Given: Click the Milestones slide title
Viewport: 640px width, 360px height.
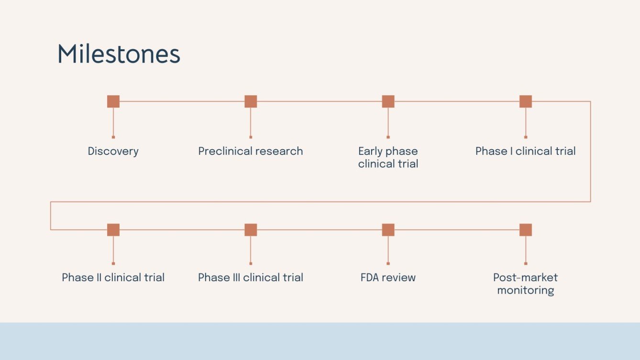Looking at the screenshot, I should [x=119, y=54].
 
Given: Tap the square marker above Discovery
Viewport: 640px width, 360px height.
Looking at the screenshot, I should [x=113, y=101].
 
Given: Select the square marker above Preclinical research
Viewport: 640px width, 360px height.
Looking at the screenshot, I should [x=251, y=101].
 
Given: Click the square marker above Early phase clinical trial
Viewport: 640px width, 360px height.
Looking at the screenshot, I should [x=388, y=101].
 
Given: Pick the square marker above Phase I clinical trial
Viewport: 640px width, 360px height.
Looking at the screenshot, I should [x=526, y=101].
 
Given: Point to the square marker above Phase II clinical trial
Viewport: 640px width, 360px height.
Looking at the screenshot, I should [x=113, y=230].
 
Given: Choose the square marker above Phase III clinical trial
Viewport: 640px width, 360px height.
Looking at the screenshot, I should [x=251, y=230].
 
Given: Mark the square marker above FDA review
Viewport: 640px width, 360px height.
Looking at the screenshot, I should [x=388, y=230].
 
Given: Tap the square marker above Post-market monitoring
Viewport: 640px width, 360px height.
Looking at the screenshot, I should [x=526, y=230].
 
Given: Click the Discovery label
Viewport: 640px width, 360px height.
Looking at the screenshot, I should [x=113, y=152].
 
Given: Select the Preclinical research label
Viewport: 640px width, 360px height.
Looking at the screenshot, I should [x=251, y=152].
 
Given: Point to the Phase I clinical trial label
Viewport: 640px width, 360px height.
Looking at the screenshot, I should [x=526, y=152].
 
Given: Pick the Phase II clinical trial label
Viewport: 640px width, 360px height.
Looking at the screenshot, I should [x=113, y=278].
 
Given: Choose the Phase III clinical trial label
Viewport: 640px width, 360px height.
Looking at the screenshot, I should [x=251, y=278].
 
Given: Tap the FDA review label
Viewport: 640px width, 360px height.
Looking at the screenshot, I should [x=388, y=278].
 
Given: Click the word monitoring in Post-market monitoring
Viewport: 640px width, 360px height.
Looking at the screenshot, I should [x=526, y=290].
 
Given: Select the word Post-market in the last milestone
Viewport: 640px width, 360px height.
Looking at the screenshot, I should [x=526, y=278].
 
